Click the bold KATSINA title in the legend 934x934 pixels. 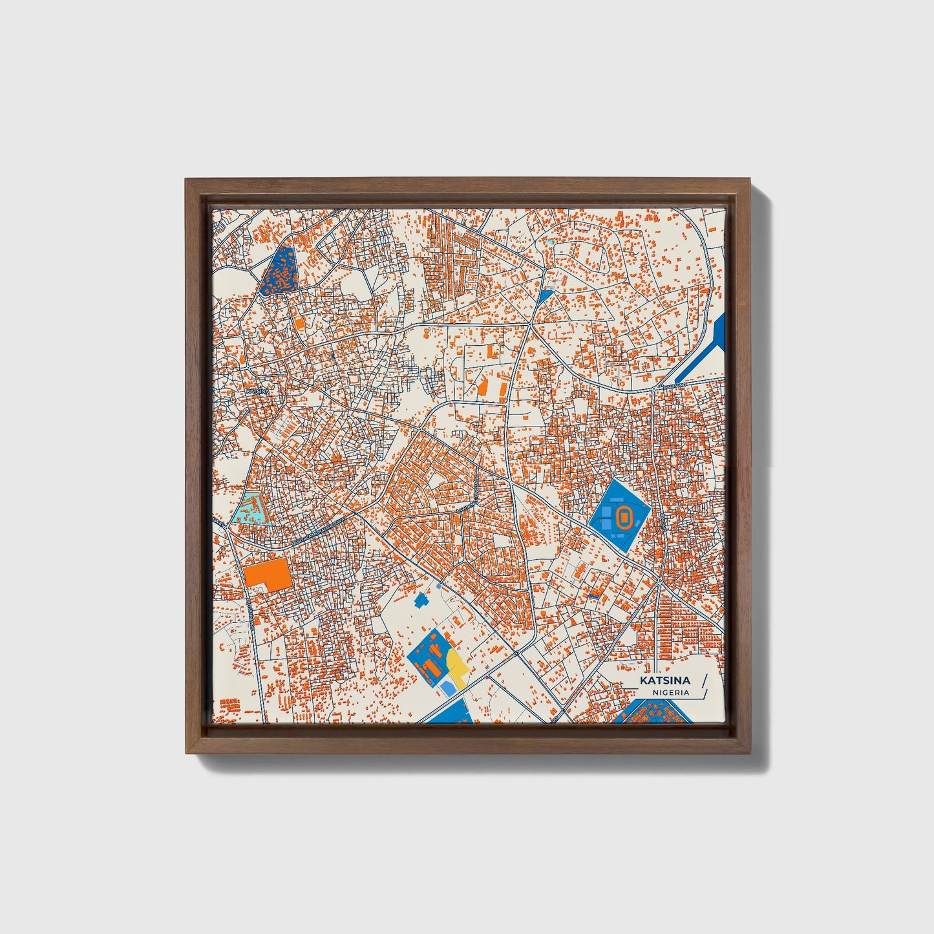[x=665, y=681]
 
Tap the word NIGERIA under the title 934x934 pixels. [x=670, y=692]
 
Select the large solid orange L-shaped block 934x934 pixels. [x=269, y=574]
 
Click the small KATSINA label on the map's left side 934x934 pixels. [x=257, y=391]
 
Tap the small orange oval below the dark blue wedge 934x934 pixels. [x=299, y=321]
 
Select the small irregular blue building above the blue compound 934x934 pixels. [x=423, y=600]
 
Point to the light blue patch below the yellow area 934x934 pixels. [x=448, y=688]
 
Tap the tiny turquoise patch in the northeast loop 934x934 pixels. [x=550, y=242]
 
